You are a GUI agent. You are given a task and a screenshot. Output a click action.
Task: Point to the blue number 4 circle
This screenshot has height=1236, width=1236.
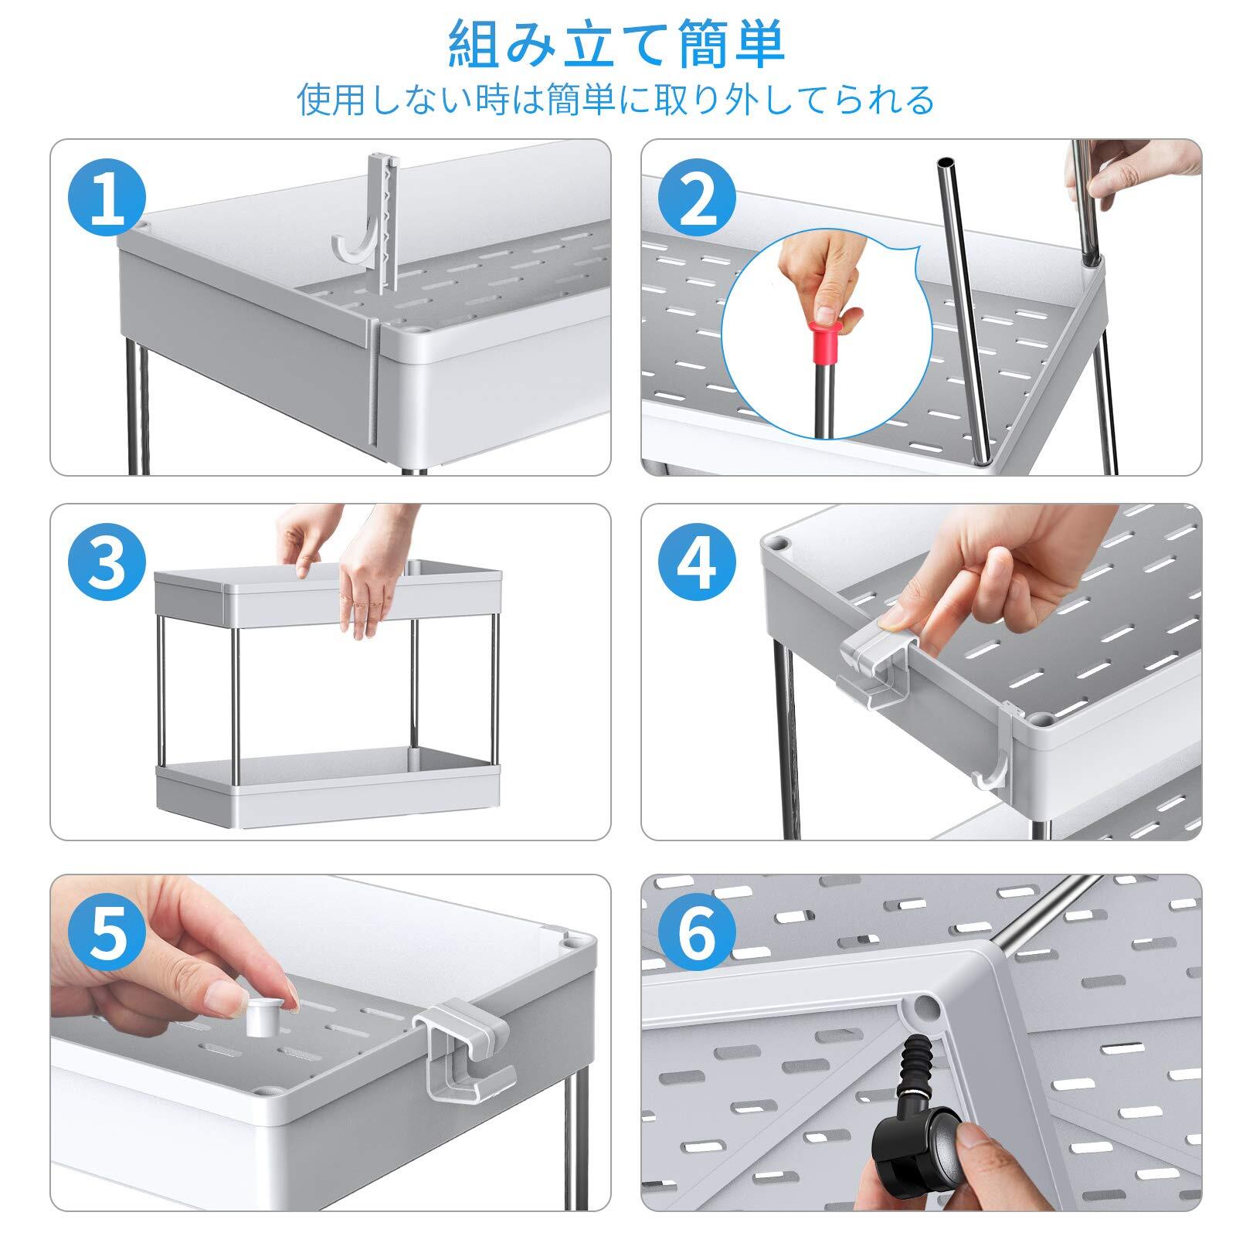pyautogui.click(x=697, y=565)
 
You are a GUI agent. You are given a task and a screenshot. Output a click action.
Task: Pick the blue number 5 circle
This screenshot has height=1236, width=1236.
pyautogui.click(x=107, y=935)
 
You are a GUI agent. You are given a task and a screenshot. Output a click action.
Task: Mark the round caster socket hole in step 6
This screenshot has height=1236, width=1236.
pyautogui.click(x=924, y=1005)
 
